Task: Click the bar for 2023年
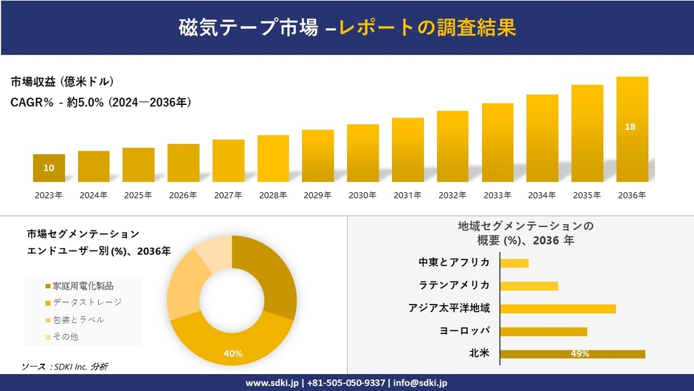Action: point(49,168)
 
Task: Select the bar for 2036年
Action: point(632,129)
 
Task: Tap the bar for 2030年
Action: point(363,153)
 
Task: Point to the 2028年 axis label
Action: point(273,195)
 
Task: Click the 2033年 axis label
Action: point(498,195)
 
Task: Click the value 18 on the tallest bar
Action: point(630,127)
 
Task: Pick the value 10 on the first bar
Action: point(49,168)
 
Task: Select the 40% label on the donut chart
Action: point(233,353)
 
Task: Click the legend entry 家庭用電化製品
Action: point(83,285)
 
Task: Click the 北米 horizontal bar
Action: point(572,354)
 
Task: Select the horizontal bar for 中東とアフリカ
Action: point(514,263)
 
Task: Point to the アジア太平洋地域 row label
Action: point(449,308)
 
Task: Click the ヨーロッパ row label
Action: point(464,331)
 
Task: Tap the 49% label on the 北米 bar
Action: point(580,354)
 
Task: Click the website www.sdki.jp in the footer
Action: point(271,383)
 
